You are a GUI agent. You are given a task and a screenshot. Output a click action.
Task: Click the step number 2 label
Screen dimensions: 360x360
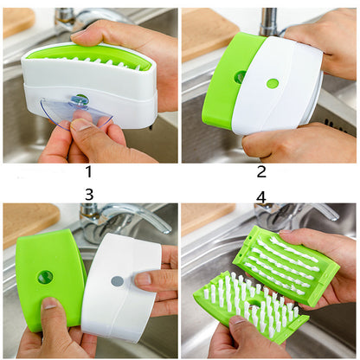tap(260, 171)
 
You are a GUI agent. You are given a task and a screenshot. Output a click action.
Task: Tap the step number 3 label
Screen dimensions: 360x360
tap(88, 194)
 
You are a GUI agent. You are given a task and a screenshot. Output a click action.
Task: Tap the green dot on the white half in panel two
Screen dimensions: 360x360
tap(273, 84)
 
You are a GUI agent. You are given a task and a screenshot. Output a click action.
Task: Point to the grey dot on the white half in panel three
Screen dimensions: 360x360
tap(117, 281)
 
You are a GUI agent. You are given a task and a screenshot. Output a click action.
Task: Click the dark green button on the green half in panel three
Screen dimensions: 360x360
tap(45, 277)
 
